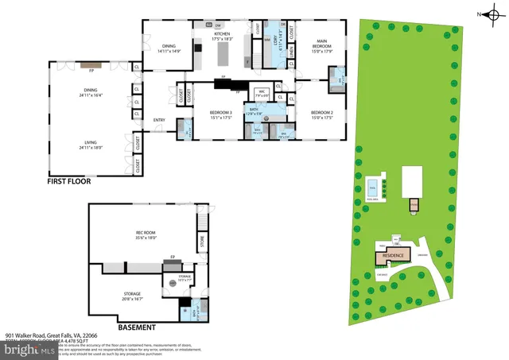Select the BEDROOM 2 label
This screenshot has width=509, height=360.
coord(321,114)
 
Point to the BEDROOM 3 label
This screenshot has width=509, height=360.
coord(220,114)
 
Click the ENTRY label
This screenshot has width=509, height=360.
coord(159,120)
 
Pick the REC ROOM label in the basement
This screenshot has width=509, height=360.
coord(145,234)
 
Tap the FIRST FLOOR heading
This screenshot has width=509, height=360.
coord(68,181)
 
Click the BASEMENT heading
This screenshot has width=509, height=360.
coord(136,327)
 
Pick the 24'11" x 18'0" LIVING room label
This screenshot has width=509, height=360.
coord(91,145)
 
